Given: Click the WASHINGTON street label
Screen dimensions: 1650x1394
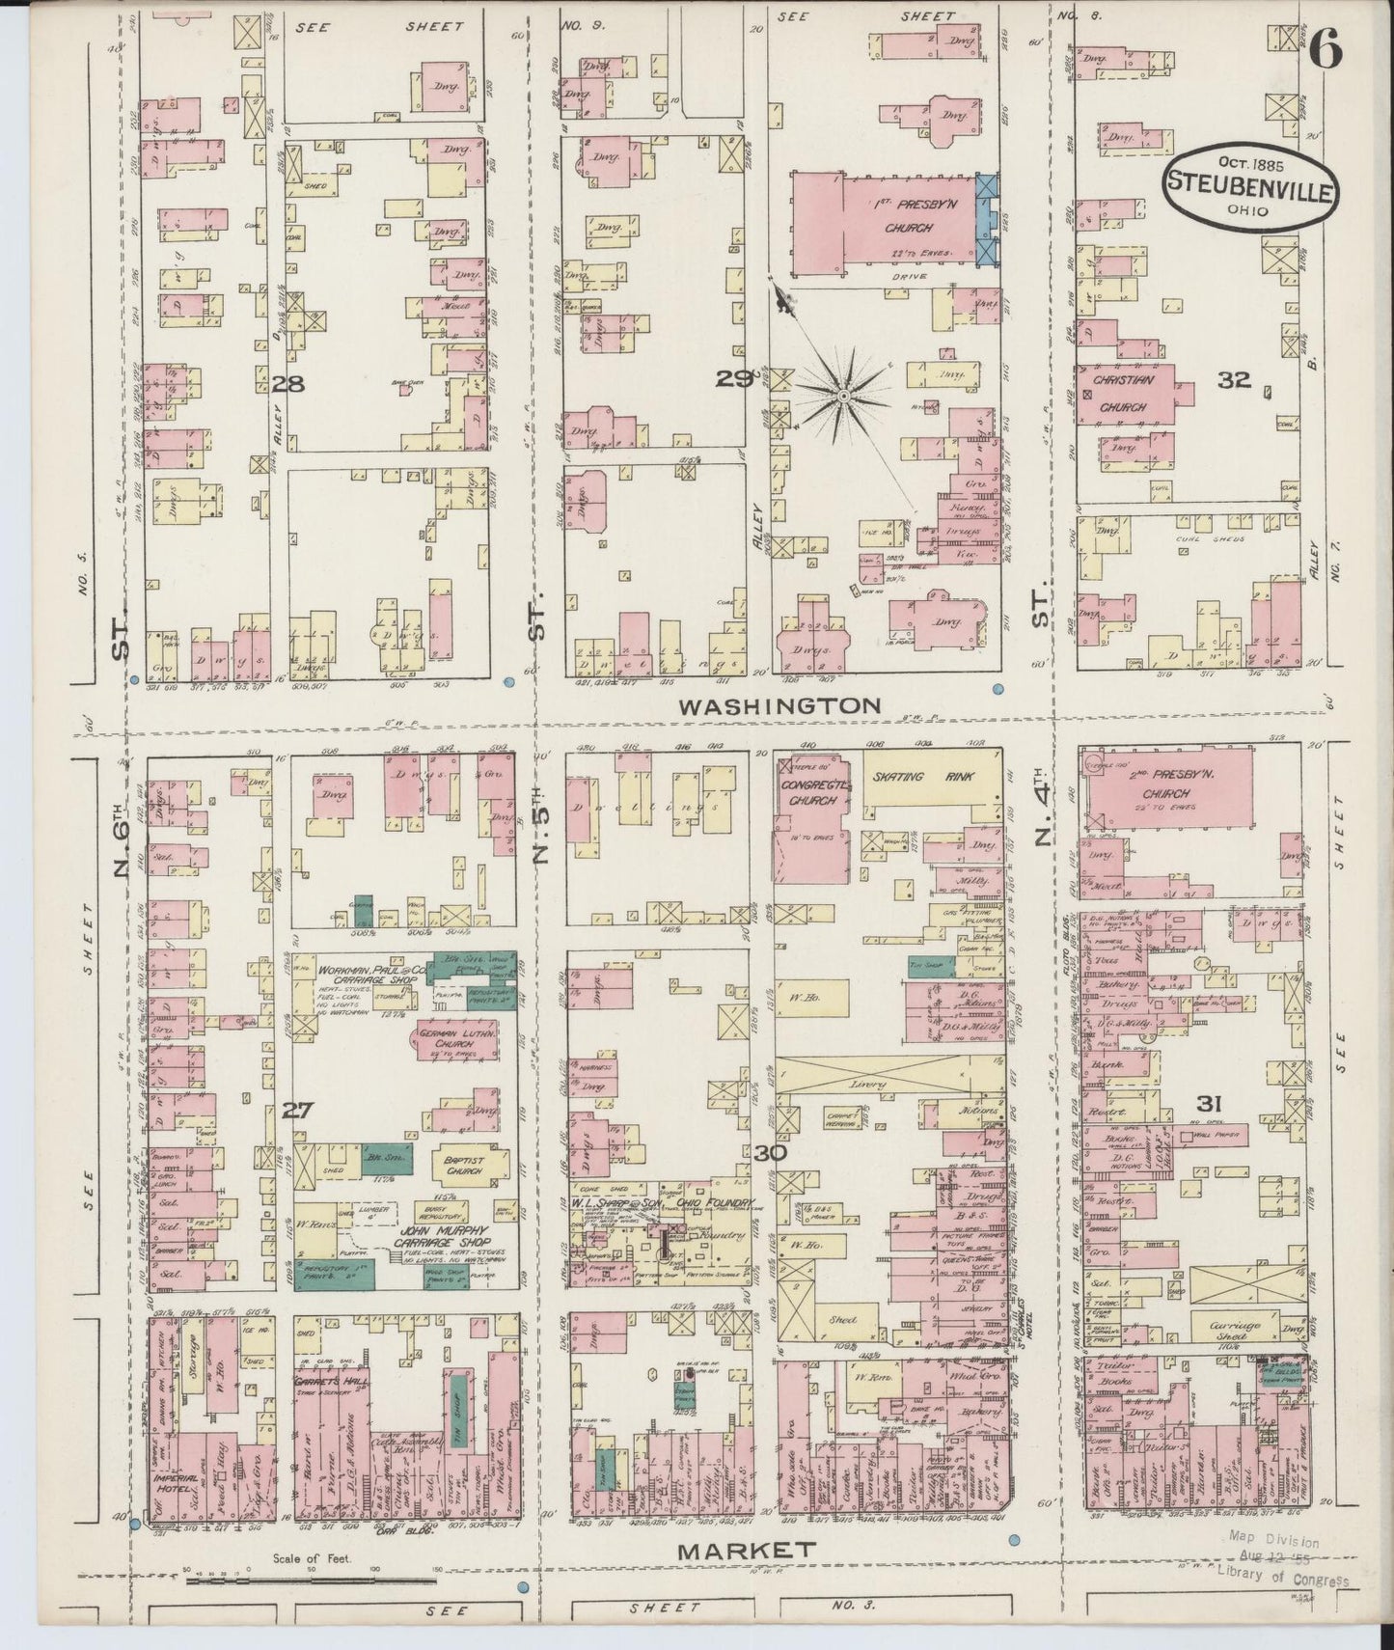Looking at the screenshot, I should pos(779,706).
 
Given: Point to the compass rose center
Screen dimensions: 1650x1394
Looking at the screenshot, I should pos(843,396).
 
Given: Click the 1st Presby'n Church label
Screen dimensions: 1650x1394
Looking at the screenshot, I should pos(909,217).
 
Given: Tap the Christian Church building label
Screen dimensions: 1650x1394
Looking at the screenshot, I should pos(1120,394).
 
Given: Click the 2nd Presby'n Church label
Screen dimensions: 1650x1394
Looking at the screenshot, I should pos(1168,786).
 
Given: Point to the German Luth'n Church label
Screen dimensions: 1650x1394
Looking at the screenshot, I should pos(459,1040).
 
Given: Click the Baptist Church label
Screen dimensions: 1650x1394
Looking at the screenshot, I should pos(456,1165).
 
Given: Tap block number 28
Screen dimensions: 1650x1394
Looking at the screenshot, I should pos(287,384).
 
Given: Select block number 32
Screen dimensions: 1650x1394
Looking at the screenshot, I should pos(1234,380).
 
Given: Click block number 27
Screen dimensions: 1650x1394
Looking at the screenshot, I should pos(296,1112).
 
